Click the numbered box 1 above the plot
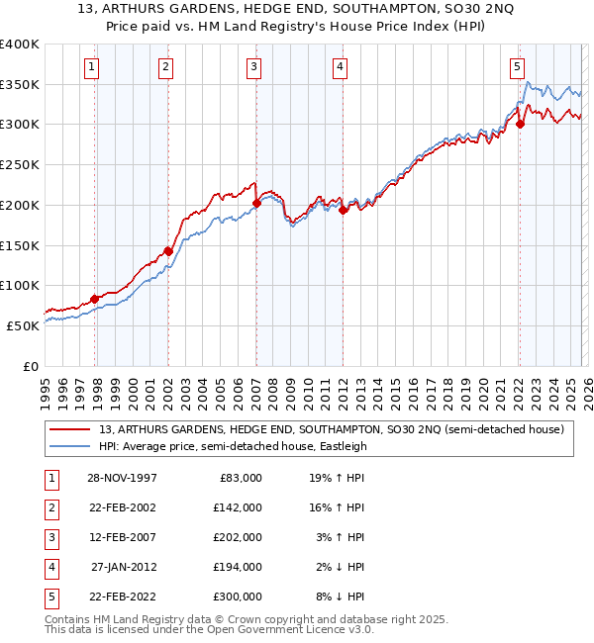91,67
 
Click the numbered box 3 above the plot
254,67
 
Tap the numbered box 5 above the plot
517,67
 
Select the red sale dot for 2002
168,251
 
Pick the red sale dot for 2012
343,210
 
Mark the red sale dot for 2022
520,125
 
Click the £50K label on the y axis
22,324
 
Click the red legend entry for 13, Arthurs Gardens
331,428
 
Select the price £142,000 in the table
239,507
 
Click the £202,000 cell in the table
239,537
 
